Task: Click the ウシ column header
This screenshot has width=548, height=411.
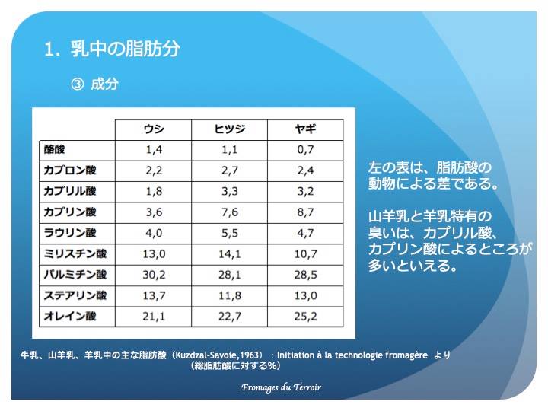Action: click(x=154, y=129)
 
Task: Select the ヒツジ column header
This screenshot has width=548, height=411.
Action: click(x=230, y=129)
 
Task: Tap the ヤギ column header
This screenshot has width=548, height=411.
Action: click(x=305, y=129)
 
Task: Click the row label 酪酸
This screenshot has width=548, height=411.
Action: click(x=54, y=150)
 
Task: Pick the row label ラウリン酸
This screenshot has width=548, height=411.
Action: click(x=70, y=233)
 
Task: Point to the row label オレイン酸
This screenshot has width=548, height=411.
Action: click(x=70, y=317)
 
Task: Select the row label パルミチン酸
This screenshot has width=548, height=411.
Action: click(x=75, y=275)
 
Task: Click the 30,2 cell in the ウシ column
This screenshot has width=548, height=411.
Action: click(x=154, y=275)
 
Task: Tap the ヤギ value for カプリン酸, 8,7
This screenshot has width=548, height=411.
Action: click(x=305, y=212)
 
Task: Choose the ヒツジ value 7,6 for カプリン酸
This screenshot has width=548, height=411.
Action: click(x=230, y=212)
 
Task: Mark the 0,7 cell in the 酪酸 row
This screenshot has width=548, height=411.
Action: click(x=305, y=150)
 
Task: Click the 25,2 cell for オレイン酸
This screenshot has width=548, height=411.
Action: click(x=305, y=317)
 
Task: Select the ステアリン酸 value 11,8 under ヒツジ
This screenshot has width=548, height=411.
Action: click(x=230, y=295)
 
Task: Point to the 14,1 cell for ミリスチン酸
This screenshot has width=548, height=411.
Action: click(x=230, y=254)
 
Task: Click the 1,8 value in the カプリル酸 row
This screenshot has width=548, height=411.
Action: click(x=154, y=192)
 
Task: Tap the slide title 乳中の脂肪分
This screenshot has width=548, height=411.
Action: click(x=126, y=49)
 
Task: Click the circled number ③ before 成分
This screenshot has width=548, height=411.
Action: click(x=77, y=84)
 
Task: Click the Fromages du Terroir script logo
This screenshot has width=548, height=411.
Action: click(x=281, y=387)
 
